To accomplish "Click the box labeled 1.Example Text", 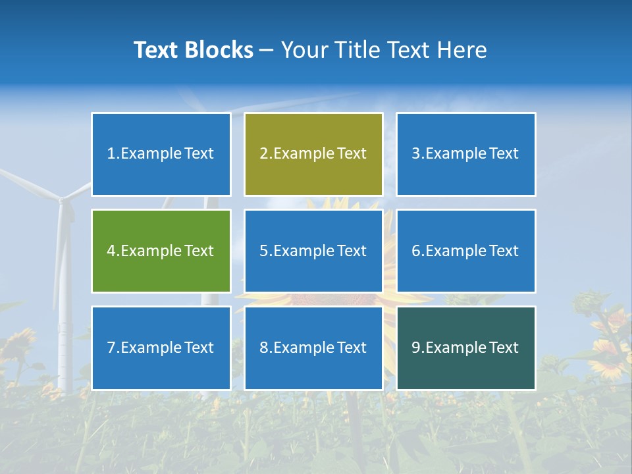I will [x=161, y=154].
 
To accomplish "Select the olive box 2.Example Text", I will [x=313, y=154].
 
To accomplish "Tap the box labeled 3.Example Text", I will [x=465, y=154].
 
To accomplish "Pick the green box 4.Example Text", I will [x=161, y=251].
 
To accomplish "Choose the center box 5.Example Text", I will [x=313, y=251].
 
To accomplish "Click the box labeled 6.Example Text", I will [x=465, y=251].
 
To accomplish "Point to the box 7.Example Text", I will [x=161, y=348].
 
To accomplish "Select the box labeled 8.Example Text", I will [x=313, y=348].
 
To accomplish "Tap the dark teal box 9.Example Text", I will [x=465, y=348].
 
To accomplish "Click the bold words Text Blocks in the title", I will [x=193, y=50].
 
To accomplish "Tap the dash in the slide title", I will [x=267, y=51].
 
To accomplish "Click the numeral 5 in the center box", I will [x=263, y=251].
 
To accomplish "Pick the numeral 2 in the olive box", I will [x=263, y=154].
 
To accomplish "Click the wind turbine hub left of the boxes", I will [x=61, y=199].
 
